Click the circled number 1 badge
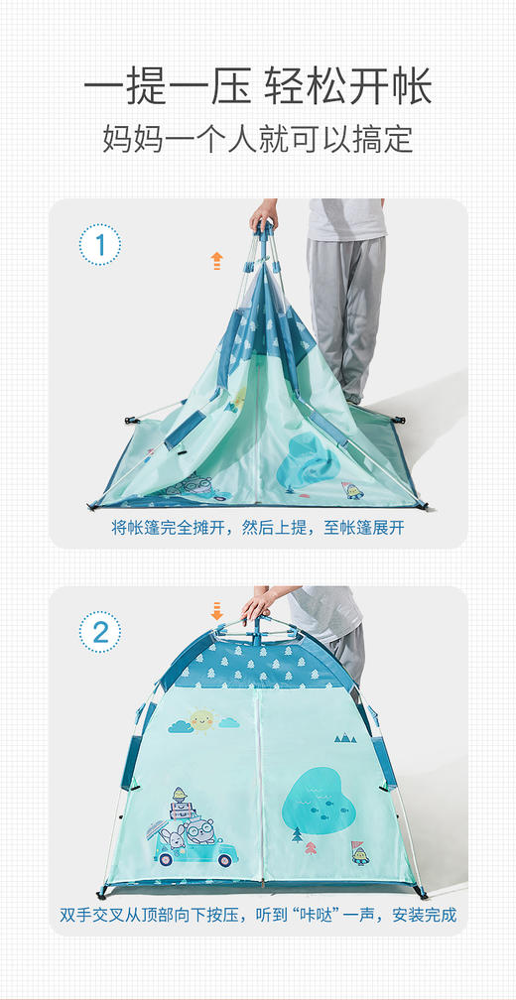tap(99, 245)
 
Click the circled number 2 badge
tap(99, 632)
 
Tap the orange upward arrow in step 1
tap(216, 261)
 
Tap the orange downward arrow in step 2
tap(216, 609)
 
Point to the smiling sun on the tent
tap(202, 719)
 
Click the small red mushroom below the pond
tap(312, 847)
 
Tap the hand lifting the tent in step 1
tap(264, 214)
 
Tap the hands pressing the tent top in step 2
tap(256, 603)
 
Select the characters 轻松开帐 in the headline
tap(347, 87)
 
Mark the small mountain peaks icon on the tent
tap(344, 737)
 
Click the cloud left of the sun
tap(181, 727)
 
